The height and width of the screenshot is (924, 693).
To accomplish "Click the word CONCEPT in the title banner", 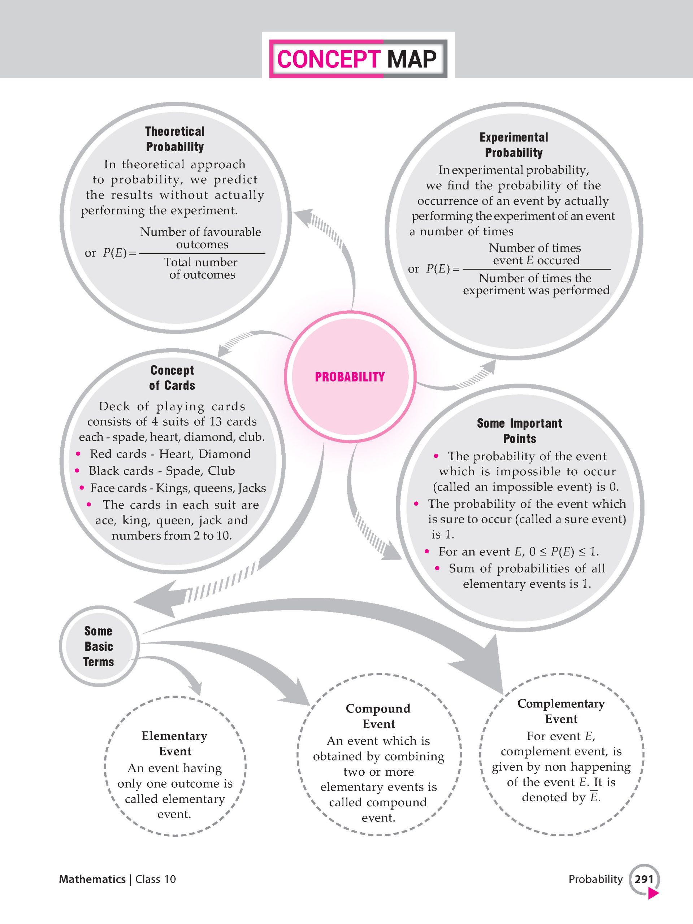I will (x=329, y=59).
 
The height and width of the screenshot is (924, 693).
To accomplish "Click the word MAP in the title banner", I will (x=412, y=59).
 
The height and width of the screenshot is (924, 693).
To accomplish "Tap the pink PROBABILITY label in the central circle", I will (x=350, y=377).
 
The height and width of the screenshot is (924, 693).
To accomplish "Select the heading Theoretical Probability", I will (x=175, y=139).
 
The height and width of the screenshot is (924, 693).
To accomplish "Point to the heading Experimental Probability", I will (x=514, y=145).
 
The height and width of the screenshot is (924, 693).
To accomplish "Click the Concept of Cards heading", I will (x=172, y=378).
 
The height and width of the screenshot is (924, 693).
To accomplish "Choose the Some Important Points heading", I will (x=520, y=431).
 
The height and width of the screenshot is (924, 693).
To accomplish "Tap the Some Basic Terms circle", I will (x=99, y=646).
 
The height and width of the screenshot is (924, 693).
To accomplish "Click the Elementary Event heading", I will (x=175, y=743).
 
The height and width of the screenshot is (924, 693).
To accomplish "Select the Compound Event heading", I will (x=378, y=716).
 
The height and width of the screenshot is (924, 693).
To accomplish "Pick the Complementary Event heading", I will (x=561, y=711).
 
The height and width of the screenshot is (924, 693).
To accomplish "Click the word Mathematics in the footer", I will (x=92, y=879).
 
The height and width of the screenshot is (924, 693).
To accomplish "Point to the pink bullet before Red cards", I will (x=78, y=454).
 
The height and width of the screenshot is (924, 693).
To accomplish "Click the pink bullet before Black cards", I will (x=77, y=471).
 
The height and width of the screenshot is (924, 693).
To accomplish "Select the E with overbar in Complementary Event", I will (x=594, y=797).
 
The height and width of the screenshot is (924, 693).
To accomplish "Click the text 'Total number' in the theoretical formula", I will (x=201, y=262).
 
